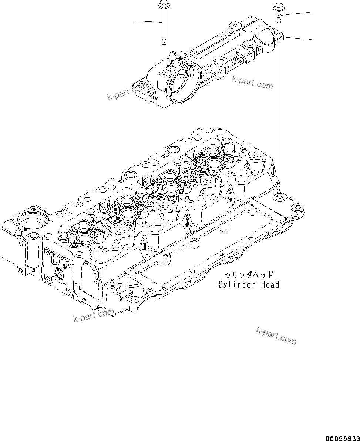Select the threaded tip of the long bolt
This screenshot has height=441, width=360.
tap(163, 40)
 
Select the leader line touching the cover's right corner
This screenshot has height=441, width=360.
tap(298, 37)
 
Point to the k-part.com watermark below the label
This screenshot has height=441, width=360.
tap(276, 335)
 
